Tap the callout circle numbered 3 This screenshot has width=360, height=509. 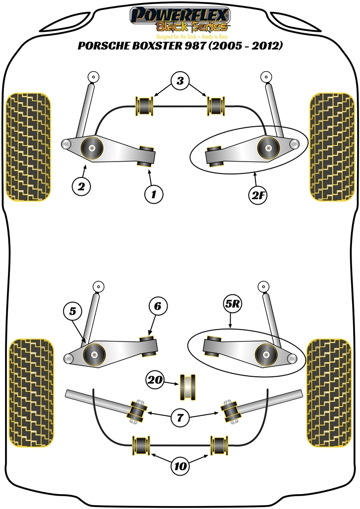180,81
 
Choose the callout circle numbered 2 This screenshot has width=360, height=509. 81,187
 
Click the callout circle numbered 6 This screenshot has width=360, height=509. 157,307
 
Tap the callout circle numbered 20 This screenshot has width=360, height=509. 155,381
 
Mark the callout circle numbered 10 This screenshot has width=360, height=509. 180,466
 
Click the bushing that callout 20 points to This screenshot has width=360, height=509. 187,385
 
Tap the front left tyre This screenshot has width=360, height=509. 28,147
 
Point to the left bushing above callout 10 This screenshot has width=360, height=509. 141,445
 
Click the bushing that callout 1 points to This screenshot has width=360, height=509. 146,156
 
